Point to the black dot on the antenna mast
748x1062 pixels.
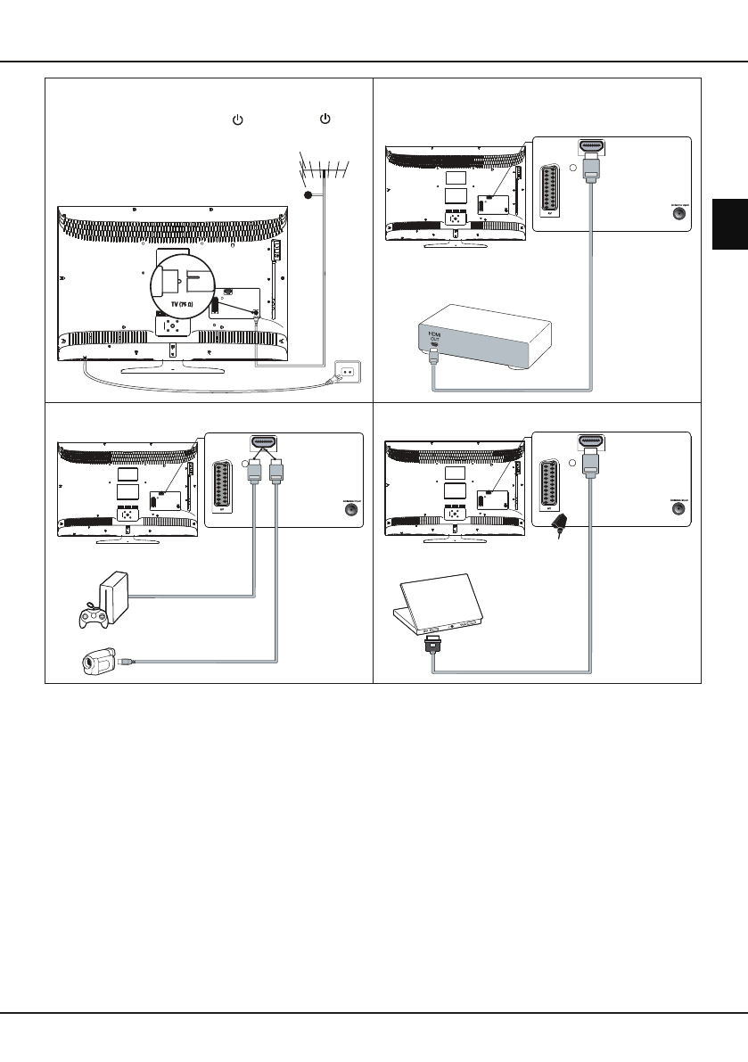(x=308, y=194)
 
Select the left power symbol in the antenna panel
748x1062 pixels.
(x=237, y=119)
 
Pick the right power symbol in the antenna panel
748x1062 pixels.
(x=325, y=119)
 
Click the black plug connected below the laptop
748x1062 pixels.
(x=432, y=643)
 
